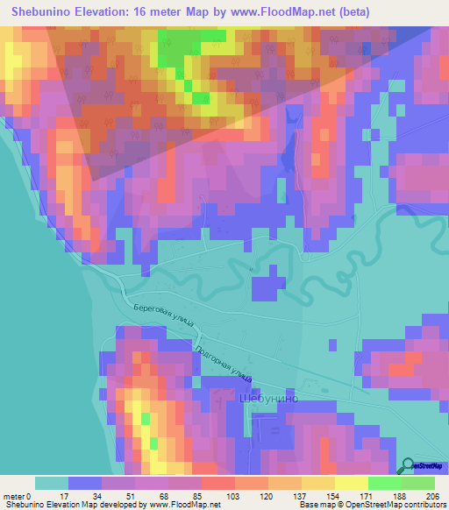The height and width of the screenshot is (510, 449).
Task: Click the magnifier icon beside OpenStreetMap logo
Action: click(x=407, y=466)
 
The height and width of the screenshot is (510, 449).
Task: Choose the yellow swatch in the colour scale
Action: click(x=351, y=483)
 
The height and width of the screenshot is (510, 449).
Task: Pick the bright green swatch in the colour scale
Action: click(x=384, y=483)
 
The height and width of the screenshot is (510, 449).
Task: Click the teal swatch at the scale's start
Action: click(x=51, y=483)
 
